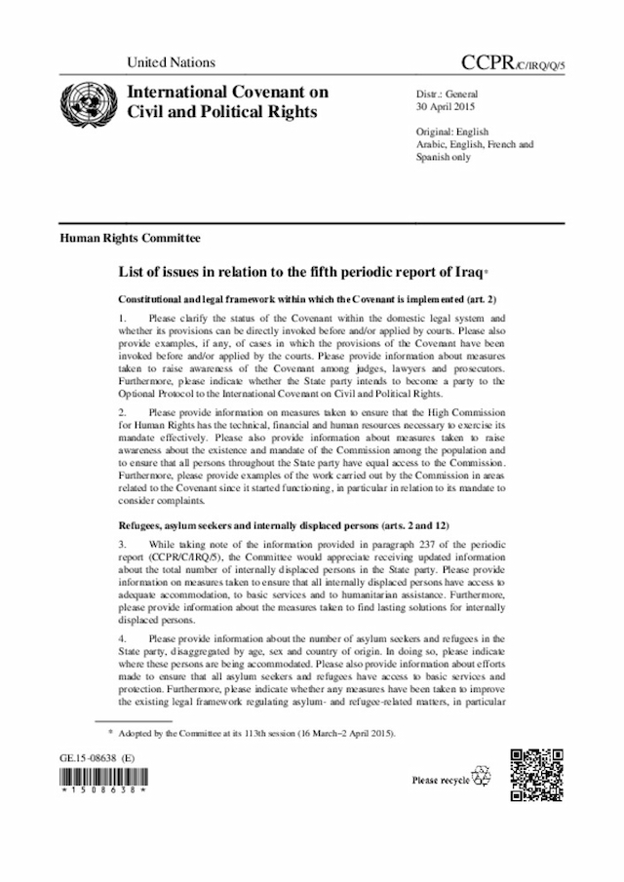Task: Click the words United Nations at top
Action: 171,62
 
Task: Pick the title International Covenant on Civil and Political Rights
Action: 228,102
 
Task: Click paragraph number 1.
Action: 122,318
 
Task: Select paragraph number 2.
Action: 122,413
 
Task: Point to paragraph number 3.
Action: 122,545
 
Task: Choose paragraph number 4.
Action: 122,638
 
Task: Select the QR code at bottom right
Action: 536,774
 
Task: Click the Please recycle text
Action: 441,780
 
